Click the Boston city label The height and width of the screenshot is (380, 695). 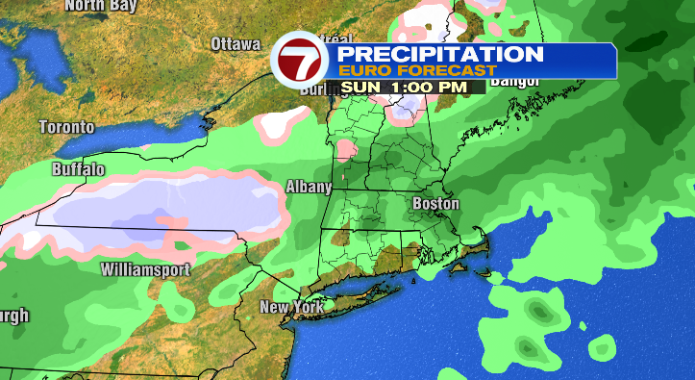[435, 204]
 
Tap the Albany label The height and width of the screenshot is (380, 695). [309, 187]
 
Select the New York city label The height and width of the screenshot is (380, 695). [290, 308]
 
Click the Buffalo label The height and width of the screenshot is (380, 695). [79, 169]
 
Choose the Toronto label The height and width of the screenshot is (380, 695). [66, 127]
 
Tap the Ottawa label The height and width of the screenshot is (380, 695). [236, 44]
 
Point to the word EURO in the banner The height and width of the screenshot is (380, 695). [364, 70]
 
